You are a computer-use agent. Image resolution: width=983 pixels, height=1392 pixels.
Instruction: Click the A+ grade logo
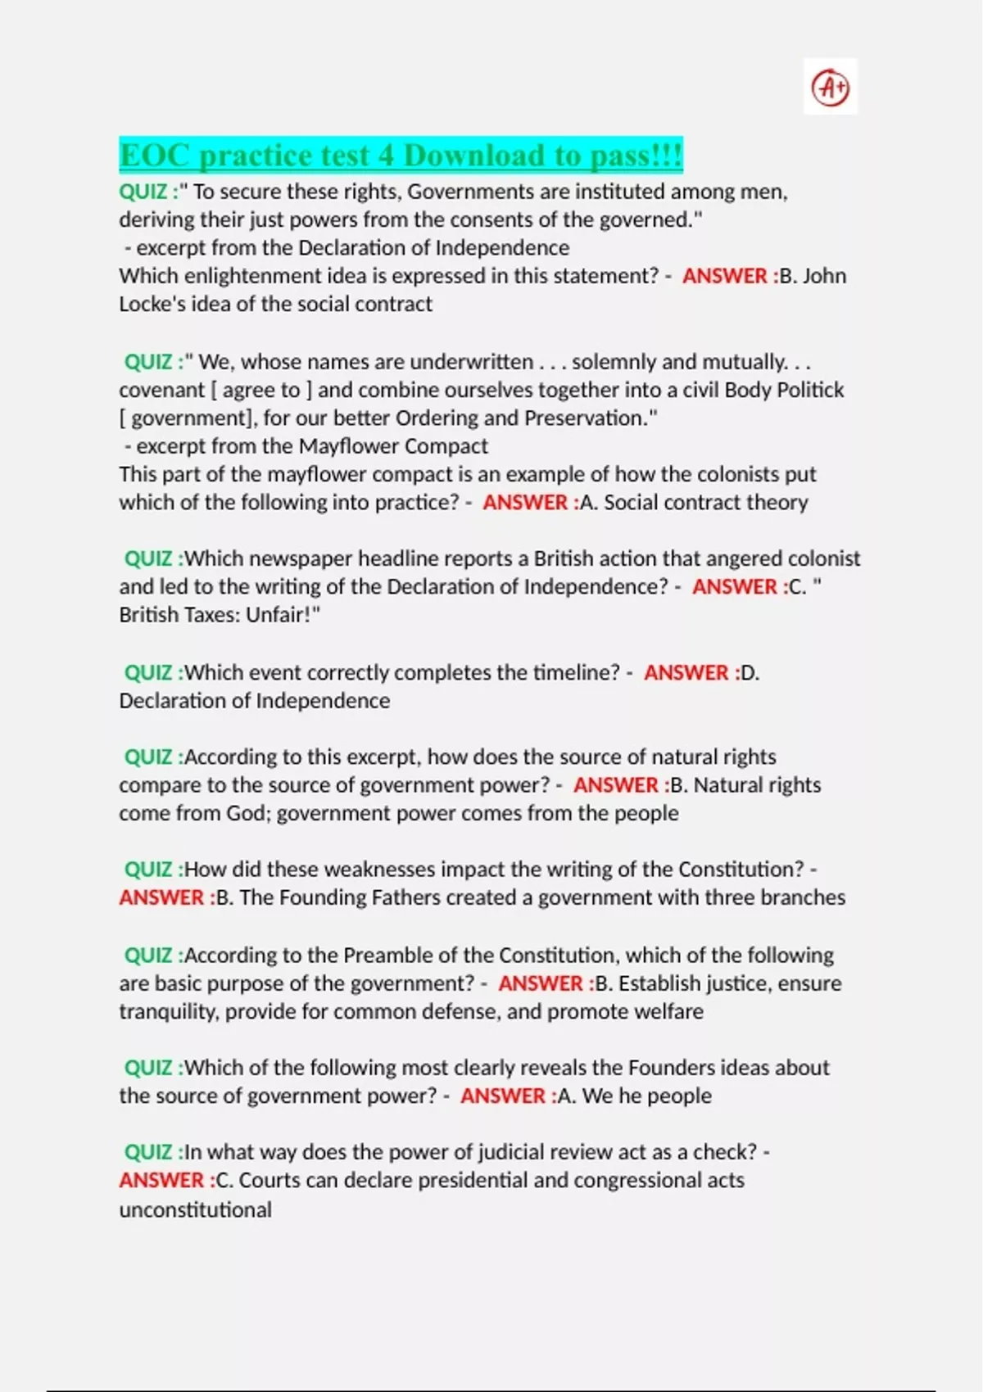[x=830, y=87]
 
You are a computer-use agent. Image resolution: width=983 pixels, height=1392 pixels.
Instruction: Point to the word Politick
[x=809, y=390]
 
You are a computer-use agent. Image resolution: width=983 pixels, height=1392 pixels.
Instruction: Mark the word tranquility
[x=169, y=1012]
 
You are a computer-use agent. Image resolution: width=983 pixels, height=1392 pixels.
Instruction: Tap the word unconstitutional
[x=195, y=1210]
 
